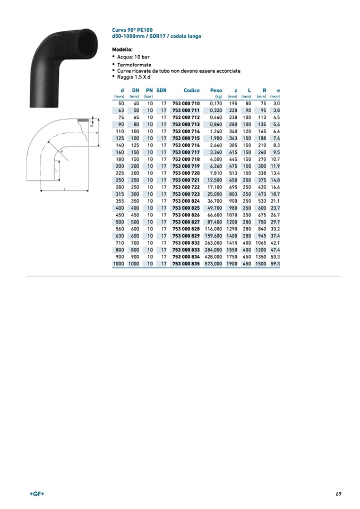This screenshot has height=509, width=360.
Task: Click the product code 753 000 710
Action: point(186,103)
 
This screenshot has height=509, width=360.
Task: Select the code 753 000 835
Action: point(186,264)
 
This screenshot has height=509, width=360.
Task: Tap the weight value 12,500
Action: point(215,180)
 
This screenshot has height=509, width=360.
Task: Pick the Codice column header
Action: point(192,91)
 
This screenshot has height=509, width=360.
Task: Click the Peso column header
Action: point(216,91)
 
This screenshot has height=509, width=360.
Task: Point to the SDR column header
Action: point(161,91)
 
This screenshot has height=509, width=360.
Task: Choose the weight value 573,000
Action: point(213,264)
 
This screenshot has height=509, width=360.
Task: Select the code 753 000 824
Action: point(186,201)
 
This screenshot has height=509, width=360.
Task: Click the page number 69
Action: point(339,494)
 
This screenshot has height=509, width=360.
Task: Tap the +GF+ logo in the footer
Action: point(37,494)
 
